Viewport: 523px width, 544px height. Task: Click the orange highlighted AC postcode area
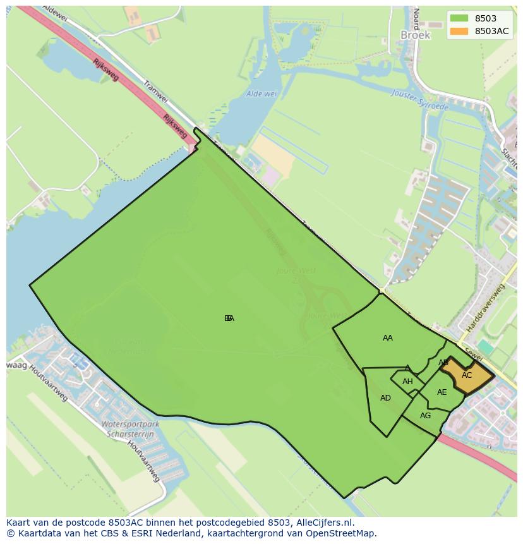point(467,376)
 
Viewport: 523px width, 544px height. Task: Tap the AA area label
point(388,338)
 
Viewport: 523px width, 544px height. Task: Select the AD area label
point(385,398)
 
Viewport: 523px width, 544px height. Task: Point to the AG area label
point(425,416)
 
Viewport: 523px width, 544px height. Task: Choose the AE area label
point(442,392)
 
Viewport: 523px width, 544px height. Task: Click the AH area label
point(407,382)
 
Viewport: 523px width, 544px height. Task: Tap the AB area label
point(443,363)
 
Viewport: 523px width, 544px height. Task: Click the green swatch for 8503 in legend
point(459,19)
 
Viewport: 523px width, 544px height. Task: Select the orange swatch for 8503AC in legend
point(459,32)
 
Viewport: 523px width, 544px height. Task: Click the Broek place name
point(415,35)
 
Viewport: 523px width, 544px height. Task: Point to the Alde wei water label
point(261,94)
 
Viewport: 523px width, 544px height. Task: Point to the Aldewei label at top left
point(54,13)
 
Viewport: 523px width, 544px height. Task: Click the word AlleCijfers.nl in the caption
point(325,523)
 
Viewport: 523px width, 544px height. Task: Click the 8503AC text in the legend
point(492,32)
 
